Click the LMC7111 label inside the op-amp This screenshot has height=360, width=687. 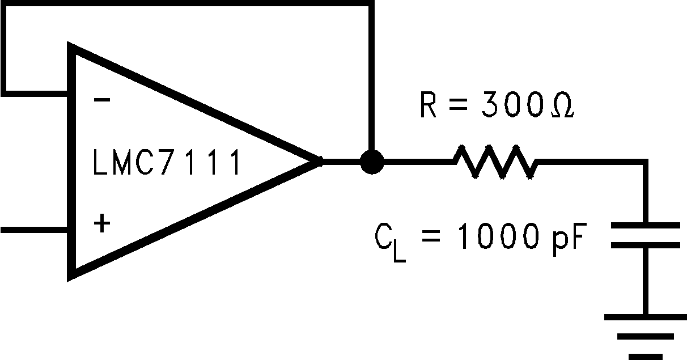(x=166, y=162)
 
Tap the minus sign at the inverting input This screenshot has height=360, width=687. (x=102, y=100)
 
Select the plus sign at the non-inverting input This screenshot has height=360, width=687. (x=101, y=225)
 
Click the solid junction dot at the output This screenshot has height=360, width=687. (x=371, y=162)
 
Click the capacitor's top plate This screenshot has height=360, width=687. (x=645, y=226)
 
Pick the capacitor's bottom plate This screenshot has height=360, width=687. (x=645, y=245)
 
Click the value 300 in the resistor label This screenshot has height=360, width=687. (x=519, y=105)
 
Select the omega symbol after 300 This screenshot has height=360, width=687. (x=563, y=107)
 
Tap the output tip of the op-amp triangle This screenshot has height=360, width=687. (x=320, y=162)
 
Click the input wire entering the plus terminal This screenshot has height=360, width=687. (x=34, y=230)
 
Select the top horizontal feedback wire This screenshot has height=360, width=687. (x=187, y=4)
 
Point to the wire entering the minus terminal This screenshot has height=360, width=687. (x=34, y=90)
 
